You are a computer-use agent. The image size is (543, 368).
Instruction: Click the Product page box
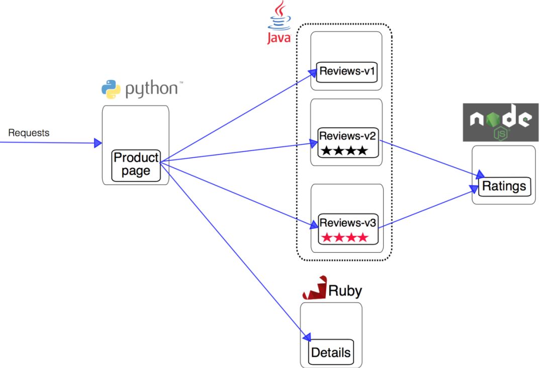136,165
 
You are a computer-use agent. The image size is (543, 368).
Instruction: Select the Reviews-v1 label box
347,71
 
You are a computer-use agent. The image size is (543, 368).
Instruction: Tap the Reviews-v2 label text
347,136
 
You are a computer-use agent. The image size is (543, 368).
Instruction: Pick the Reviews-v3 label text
347,222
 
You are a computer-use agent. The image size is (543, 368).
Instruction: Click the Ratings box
504,187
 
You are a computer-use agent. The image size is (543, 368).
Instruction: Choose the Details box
331,352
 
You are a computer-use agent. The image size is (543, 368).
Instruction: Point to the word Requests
29,133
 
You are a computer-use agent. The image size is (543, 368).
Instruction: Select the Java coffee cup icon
280,16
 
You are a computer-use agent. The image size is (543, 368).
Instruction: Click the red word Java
279,38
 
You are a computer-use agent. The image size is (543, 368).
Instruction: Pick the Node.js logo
500,122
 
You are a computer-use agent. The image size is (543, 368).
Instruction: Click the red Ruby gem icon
315,289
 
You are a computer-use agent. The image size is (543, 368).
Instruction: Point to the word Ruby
345,291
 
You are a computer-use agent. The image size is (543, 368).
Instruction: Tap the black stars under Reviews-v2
344,150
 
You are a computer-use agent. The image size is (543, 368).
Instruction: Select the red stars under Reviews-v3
344,237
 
